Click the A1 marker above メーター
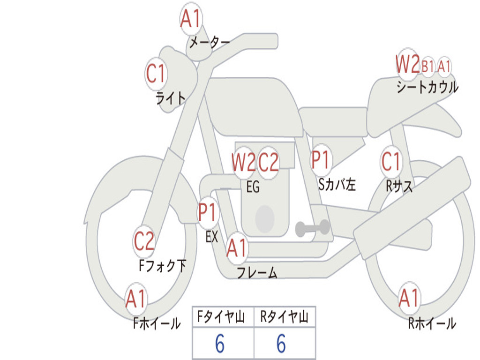[191, 20]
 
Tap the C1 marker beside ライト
[156, 74]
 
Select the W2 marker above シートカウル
[407, 65]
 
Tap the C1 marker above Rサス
[391, 162]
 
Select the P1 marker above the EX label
[208, 213]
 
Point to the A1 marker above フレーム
[237, 248]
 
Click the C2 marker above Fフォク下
[144, 241]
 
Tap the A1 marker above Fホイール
[136, 299]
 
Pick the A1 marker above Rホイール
[409, 298]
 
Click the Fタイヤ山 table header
[223, 318]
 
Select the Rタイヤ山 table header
[284, 318]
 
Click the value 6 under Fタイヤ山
[220, 344]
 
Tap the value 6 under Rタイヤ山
[281, 344]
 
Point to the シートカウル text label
[427, 88]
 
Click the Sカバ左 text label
[337, 185]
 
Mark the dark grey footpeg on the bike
[313, 228]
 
